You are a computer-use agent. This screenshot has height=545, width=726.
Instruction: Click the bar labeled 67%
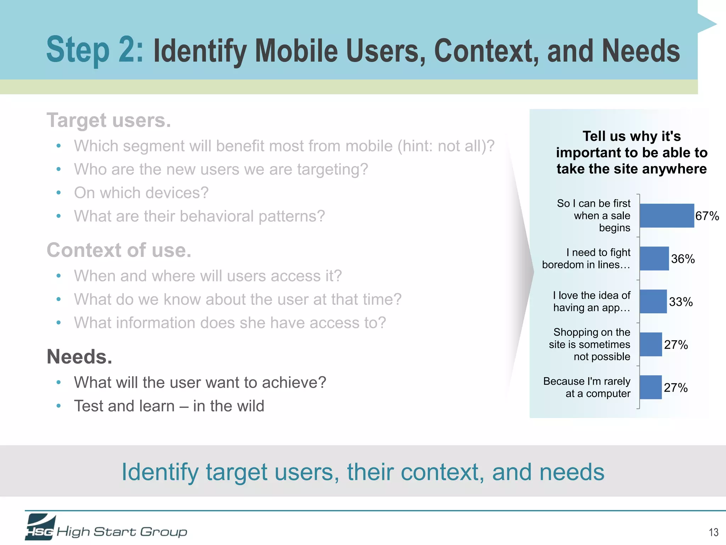(666, 215)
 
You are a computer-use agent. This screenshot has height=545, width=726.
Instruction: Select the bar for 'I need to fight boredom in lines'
(654, 258)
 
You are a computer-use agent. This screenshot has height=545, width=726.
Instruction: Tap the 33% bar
(653, 301)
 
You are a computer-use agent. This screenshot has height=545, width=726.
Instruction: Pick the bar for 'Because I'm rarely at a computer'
(650, 387)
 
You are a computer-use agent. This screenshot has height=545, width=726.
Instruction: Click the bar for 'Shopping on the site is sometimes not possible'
(650, 344)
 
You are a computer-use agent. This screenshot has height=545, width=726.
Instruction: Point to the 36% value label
(683, 259)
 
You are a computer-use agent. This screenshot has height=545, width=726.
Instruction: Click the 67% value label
(707, 216)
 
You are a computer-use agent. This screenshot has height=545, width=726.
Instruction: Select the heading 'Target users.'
(109, 120)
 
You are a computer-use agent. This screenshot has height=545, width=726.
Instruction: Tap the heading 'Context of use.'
(119, 250)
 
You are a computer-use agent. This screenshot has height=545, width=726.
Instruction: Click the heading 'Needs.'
(79, 357)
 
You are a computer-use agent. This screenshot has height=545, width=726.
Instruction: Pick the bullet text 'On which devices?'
(141, 193)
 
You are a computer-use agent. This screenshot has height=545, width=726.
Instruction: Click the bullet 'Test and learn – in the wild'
(169, 406)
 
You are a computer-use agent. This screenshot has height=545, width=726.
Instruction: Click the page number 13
(713, 532)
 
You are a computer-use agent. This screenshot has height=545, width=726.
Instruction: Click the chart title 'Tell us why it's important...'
(631, 153)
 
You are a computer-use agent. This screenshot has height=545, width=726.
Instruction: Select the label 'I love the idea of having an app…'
(592, 301)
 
